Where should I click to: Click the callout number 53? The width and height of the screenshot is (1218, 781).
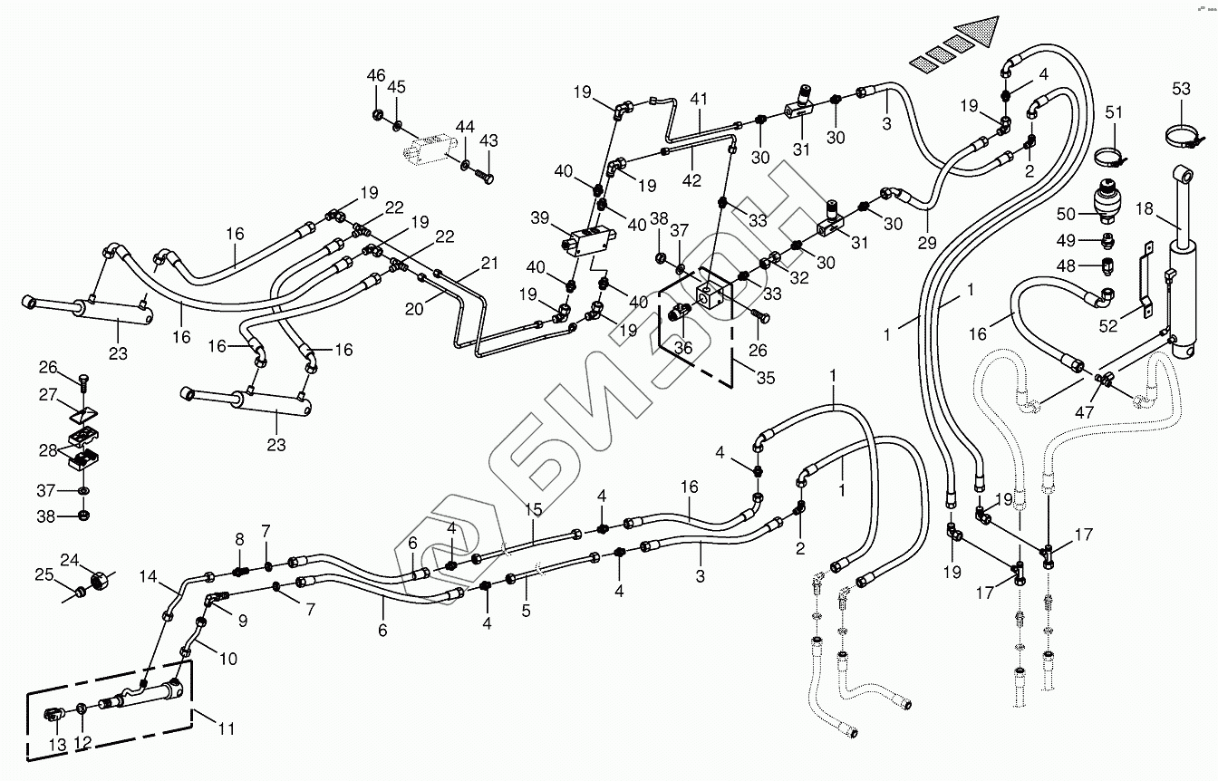(1181, 89)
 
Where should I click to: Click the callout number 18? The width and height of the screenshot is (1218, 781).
(1145, 209)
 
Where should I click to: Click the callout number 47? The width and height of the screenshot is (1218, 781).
(1085, 412)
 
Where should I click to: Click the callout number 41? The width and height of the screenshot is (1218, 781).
(698, 99)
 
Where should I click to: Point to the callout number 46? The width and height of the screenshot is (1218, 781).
(376, 75)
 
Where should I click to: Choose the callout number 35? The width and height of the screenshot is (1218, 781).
(766, 379)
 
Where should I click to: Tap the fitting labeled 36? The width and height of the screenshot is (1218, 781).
(679, 312)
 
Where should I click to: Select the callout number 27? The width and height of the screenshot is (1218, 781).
(48, 396)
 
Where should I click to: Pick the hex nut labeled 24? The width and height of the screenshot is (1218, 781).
(101, 577)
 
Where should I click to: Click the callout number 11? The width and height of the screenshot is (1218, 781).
(227, 728)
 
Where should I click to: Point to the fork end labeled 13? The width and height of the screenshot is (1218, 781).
(54, 719)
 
